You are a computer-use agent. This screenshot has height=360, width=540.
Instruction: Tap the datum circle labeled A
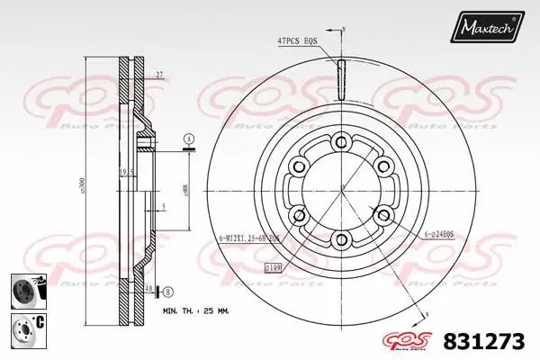[x=188, y=138]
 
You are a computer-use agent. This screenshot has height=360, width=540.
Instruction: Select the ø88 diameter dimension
[x=184, y=190]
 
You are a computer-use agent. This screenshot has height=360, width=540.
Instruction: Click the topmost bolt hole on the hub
[x=340, y=141]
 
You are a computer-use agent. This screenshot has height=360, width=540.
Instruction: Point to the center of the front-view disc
[x=340, y=190]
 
